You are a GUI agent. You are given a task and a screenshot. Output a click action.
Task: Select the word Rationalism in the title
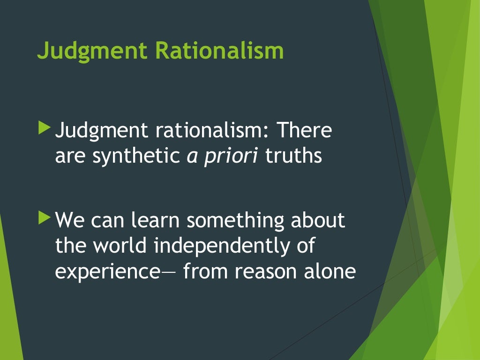pos(220,50)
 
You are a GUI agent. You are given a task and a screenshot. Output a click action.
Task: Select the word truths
pos(293,156)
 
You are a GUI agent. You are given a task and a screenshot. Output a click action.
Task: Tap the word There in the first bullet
pos(303,130)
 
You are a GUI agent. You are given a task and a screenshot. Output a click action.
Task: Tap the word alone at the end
pos(330,271)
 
